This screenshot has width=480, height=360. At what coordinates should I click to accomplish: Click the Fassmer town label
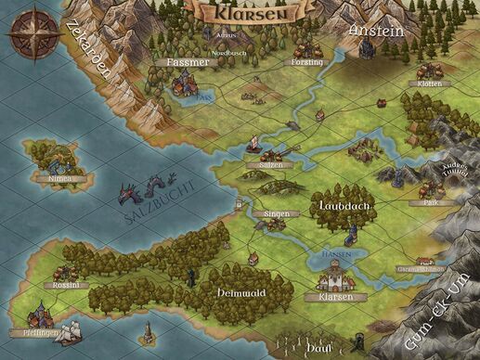(186, 61)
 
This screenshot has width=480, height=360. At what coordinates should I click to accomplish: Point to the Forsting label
(306, 62)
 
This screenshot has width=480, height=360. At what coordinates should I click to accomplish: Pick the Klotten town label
(422, 84)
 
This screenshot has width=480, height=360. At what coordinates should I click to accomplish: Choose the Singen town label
(277, 213)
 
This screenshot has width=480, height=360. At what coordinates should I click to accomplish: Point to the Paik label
(429, 201)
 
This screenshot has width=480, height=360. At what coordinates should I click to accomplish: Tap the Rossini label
(66, 285)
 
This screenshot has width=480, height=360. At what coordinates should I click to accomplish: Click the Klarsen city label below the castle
(335, 298)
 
